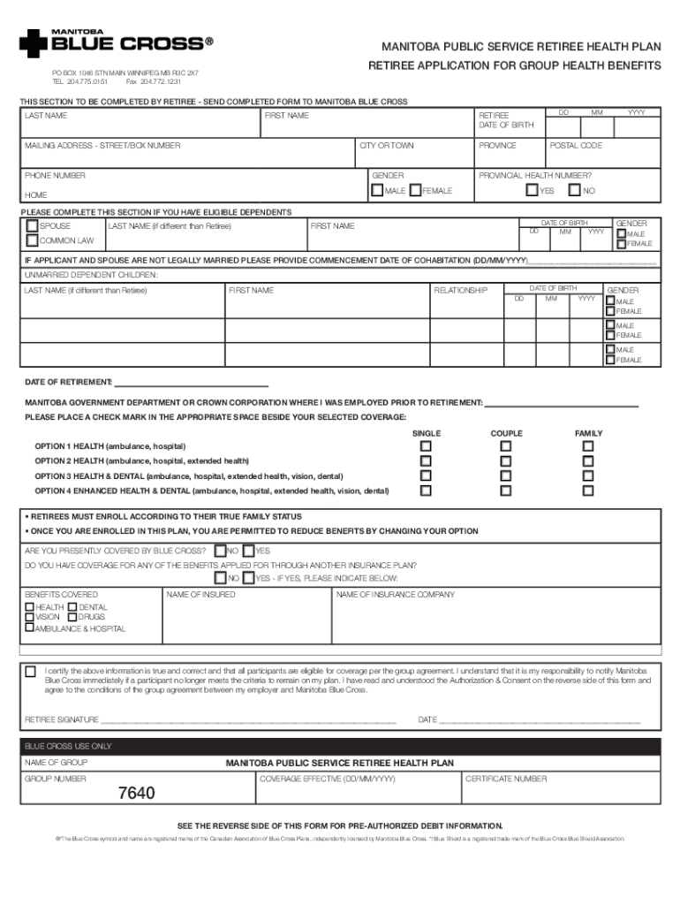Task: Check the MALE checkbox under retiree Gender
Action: (x=377, y=190)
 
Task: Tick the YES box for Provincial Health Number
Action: (x=532, y=190)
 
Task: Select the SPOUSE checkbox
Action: (x=32, y=226)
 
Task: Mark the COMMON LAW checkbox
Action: (x=32, y=240)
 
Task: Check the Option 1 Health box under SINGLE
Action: (x=426, y=446)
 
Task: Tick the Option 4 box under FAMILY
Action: (x=588, y=491)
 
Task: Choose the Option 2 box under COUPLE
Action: (x=506, y=461)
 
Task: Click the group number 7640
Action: (x=137, y=794)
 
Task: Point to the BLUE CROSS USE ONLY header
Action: (x=68, y=746)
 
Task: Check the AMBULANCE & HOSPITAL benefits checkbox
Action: (x=30, y=627)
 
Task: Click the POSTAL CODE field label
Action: (x=576, y=145)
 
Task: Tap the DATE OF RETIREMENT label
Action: (x=68, y=382)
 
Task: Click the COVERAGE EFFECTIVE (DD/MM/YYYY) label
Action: (x=328, y=779)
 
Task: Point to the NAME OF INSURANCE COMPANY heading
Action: (x=395, y=595)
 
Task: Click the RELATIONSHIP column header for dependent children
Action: (x=460, y=290)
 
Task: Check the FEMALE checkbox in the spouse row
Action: (x=622, y=244)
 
